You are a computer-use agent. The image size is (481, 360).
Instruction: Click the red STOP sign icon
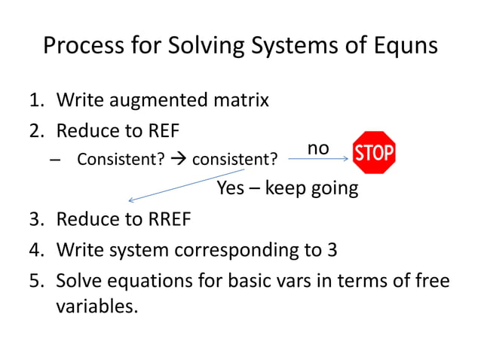point(374,153)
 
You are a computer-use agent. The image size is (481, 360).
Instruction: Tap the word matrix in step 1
point(242,99)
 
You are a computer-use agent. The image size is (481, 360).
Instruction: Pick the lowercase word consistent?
point(234,160)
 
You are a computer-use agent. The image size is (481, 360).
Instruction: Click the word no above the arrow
point(319,148)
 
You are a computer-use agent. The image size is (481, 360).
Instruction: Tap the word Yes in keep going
point(231,188)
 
